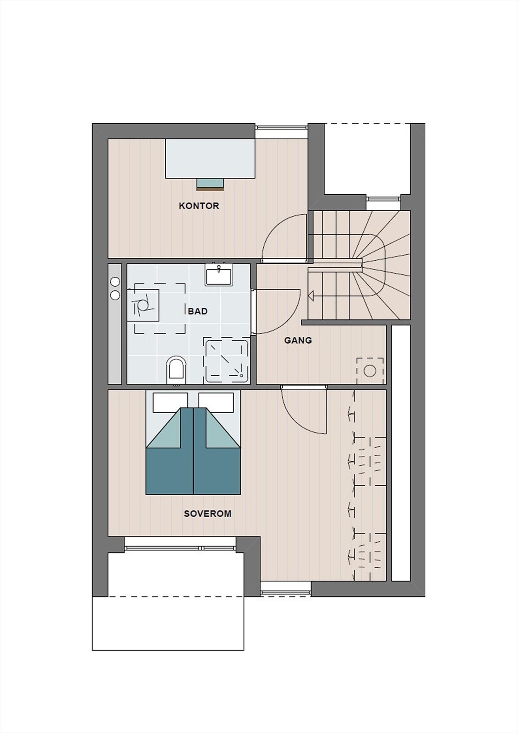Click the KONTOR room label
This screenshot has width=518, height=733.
point(199,206)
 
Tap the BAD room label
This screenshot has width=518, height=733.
point(198,311)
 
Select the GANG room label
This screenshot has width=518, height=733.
point(298,340)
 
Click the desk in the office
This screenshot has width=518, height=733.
point(210,159)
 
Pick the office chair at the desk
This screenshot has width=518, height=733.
point(210,185)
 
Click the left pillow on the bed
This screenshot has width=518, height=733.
point(170,402)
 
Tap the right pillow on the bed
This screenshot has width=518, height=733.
point(216,402)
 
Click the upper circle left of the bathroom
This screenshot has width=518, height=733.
point(115,281)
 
